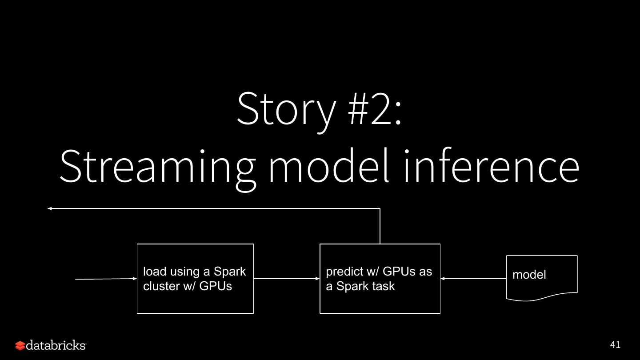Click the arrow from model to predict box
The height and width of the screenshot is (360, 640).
pyautogui.click(x=473, y=279)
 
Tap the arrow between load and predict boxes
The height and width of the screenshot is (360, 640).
pyautogui.click(x=287, y=279)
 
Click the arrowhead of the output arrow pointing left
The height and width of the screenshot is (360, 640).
pyautogui.click(x=50, y=208)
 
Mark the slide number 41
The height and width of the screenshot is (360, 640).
pyautogui.click(x=615, y=345)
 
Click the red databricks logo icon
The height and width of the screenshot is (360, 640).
pyautogui.click(x=20, y=345)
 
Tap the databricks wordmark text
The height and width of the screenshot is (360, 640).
pyautogui.click(x=56, y=345)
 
